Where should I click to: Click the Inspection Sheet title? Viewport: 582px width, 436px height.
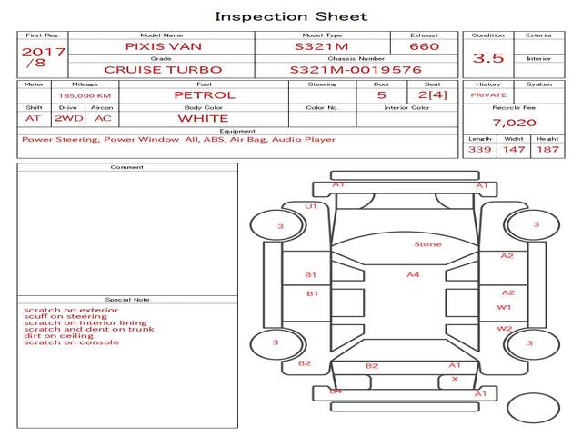291,16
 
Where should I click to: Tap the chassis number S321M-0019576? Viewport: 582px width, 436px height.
356,69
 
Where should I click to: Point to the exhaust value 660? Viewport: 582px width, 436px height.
424,45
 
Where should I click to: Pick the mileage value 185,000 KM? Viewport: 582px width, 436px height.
85,94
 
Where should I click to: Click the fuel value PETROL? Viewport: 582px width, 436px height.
204,94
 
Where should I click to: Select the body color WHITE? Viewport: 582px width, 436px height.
203,118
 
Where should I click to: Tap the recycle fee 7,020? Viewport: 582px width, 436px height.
514,123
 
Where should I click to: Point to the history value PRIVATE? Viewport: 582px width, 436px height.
488,94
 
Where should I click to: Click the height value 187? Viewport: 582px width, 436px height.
547,149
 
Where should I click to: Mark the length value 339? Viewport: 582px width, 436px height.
479,149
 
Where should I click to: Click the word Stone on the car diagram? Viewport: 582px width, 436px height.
427,244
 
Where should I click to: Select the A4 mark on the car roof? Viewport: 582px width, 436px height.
413,274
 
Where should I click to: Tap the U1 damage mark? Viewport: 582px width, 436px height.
311,206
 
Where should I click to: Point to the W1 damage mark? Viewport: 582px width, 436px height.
504,308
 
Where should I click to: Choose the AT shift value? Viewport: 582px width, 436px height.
34,118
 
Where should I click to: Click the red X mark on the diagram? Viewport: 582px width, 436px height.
455,379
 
